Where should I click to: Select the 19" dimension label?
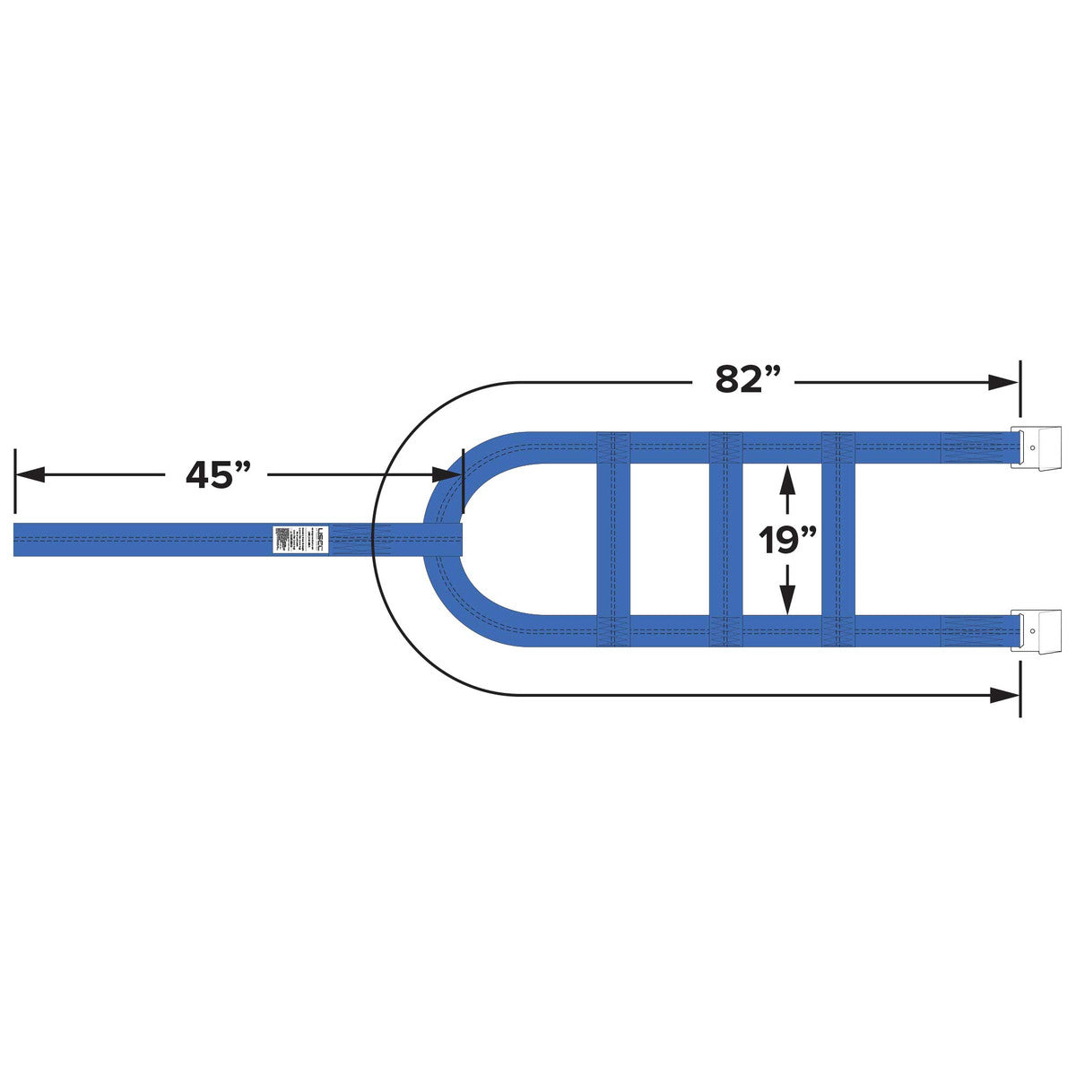click(787, 541)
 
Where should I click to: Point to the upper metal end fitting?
click(1036, 447)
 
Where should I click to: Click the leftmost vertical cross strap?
click(613, 539)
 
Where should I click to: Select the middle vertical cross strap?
click(725, 539)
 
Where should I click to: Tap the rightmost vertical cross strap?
click(838, 539)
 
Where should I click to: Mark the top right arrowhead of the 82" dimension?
click(1002, 382)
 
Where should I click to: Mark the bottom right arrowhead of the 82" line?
click(1002, 695)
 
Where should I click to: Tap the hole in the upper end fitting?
click(1033, 447)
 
